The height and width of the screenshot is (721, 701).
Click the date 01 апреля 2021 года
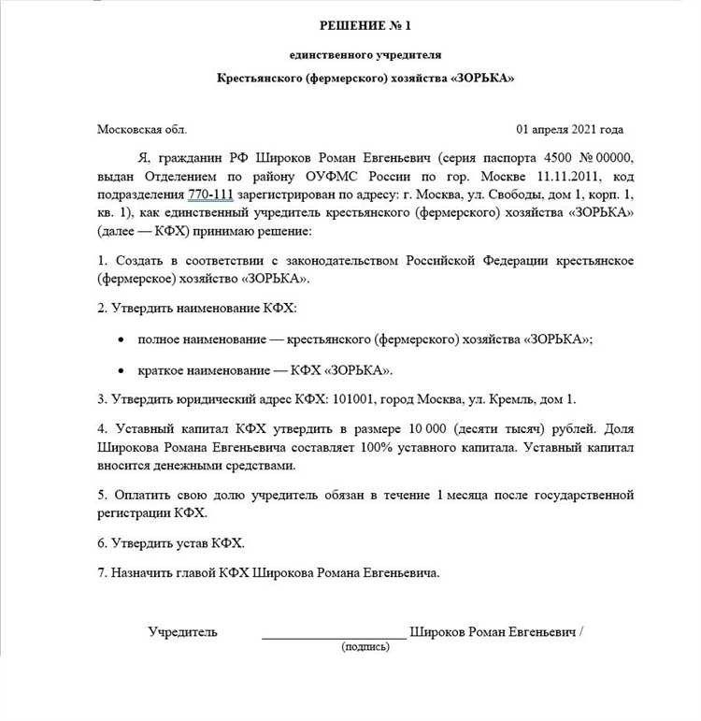point(570,130)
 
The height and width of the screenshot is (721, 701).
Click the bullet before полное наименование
point(120,341)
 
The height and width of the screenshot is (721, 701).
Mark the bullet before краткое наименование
point(120,370)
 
